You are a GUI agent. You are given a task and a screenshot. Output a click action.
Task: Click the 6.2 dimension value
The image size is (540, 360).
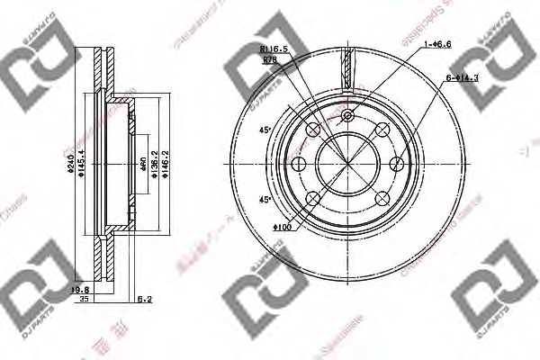144,298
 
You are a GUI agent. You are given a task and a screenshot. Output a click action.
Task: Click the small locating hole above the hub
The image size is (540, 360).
347,115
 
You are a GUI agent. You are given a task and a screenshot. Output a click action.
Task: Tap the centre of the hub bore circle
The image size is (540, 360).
347,165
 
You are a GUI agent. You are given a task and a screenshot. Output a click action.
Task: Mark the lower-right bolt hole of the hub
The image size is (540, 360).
381,198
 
